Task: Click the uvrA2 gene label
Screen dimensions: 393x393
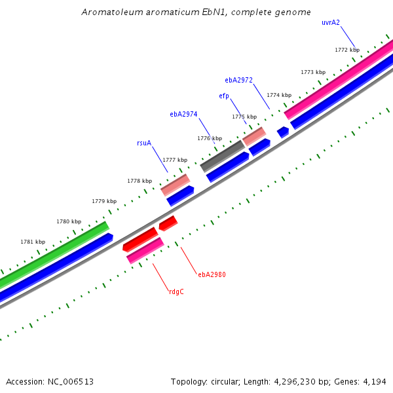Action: click(330, 22)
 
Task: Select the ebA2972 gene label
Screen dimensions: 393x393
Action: click(238, 80)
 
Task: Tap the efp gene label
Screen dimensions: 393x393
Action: click(224, 96)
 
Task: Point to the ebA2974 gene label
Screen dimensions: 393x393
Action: click(183, 114)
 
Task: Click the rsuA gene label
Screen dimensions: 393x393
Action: click(144, 143)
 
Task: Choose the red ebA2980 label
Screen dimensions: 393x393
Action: click(212, 274)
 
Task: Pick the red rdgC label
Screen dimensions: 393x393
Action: click(176, 291)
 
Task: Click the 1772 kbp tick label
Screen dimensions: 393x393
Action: click(347, 50)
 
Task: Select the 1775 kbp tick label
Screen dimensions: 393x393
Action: click(244, 117)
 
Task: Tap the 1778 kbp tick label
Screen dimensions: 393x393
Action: click(140, 181)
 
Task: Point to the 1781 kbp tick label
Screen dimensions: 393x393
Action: click(33, 242)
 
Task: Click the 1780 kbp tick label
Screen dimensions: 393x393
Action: click(69, 222)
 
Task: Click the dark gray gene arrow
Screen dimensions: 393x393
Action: click(222, 155)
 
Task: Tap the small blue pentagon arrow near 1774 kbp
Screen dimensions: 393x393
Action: click(283, 132)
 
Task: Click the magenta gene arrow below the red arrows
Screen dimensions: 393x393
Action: click(145, 251)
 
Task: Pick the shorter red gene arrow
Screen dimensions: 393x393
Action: click(168, 223)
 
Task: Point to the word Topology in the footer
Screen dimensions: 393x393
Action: click(189, 381)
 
